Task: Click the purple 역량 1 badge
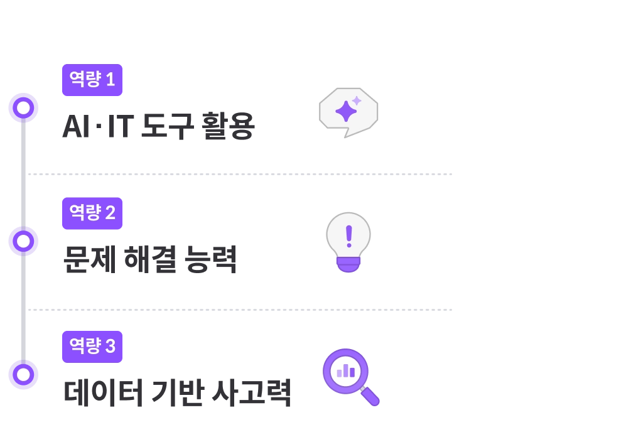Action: click(x=92, y=80)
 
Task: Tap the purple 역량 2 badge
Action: click(x=92, y=213)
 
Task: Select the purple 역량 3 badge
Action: click(x=92, y=346)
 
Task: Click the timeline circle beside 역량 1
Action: click(x=23, y=108)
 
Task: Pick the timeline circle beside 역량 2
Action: click(x=23, y=241)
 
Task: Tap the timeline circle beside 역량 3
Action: click(x=23, y=375)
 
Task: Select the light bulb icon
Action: click(x=348, y=242)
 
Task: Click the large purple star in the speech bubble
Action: click(x=345, y=112)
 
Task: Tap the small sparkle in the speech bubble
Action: click(x=357, y=100)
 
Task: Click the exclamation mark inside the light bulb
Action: click(x=348, y=235)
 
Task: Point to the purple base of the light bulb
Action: click(x=348, y=264)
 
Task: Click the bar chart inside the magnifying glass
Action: click(x=345, y=371)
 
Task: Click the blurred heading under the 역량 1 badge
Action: click(x=158, y=126)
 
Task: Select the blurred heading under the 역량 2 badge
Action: click(x=149, y=259)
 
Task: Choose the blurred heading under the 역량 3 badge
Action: click(x=176, y=392)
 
